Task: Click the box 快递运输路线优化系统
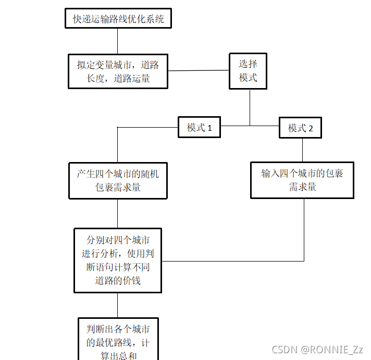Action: (118, 19)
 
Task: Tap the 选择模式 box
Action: (248, 71)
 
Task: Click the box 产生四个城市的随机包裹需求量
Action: (118, 180)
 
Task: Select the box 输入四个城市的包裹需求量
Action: (302, 180)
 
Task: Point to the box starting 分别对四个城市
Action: (118, 260)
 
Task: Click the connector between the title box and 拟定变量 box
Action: (117, 41)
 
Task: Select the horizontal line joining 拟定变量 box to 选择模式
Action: (199, 70)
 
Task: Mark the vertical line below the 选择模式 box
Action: (250, 107)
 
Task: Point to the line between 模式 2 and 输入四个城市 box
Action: (302, 150)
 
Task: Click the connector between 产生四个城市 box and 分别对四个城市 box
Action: (117, 213)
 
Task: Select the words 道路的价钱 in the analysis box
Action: (118, 281)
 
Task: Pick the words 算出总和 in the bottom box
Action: (118, 356)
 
